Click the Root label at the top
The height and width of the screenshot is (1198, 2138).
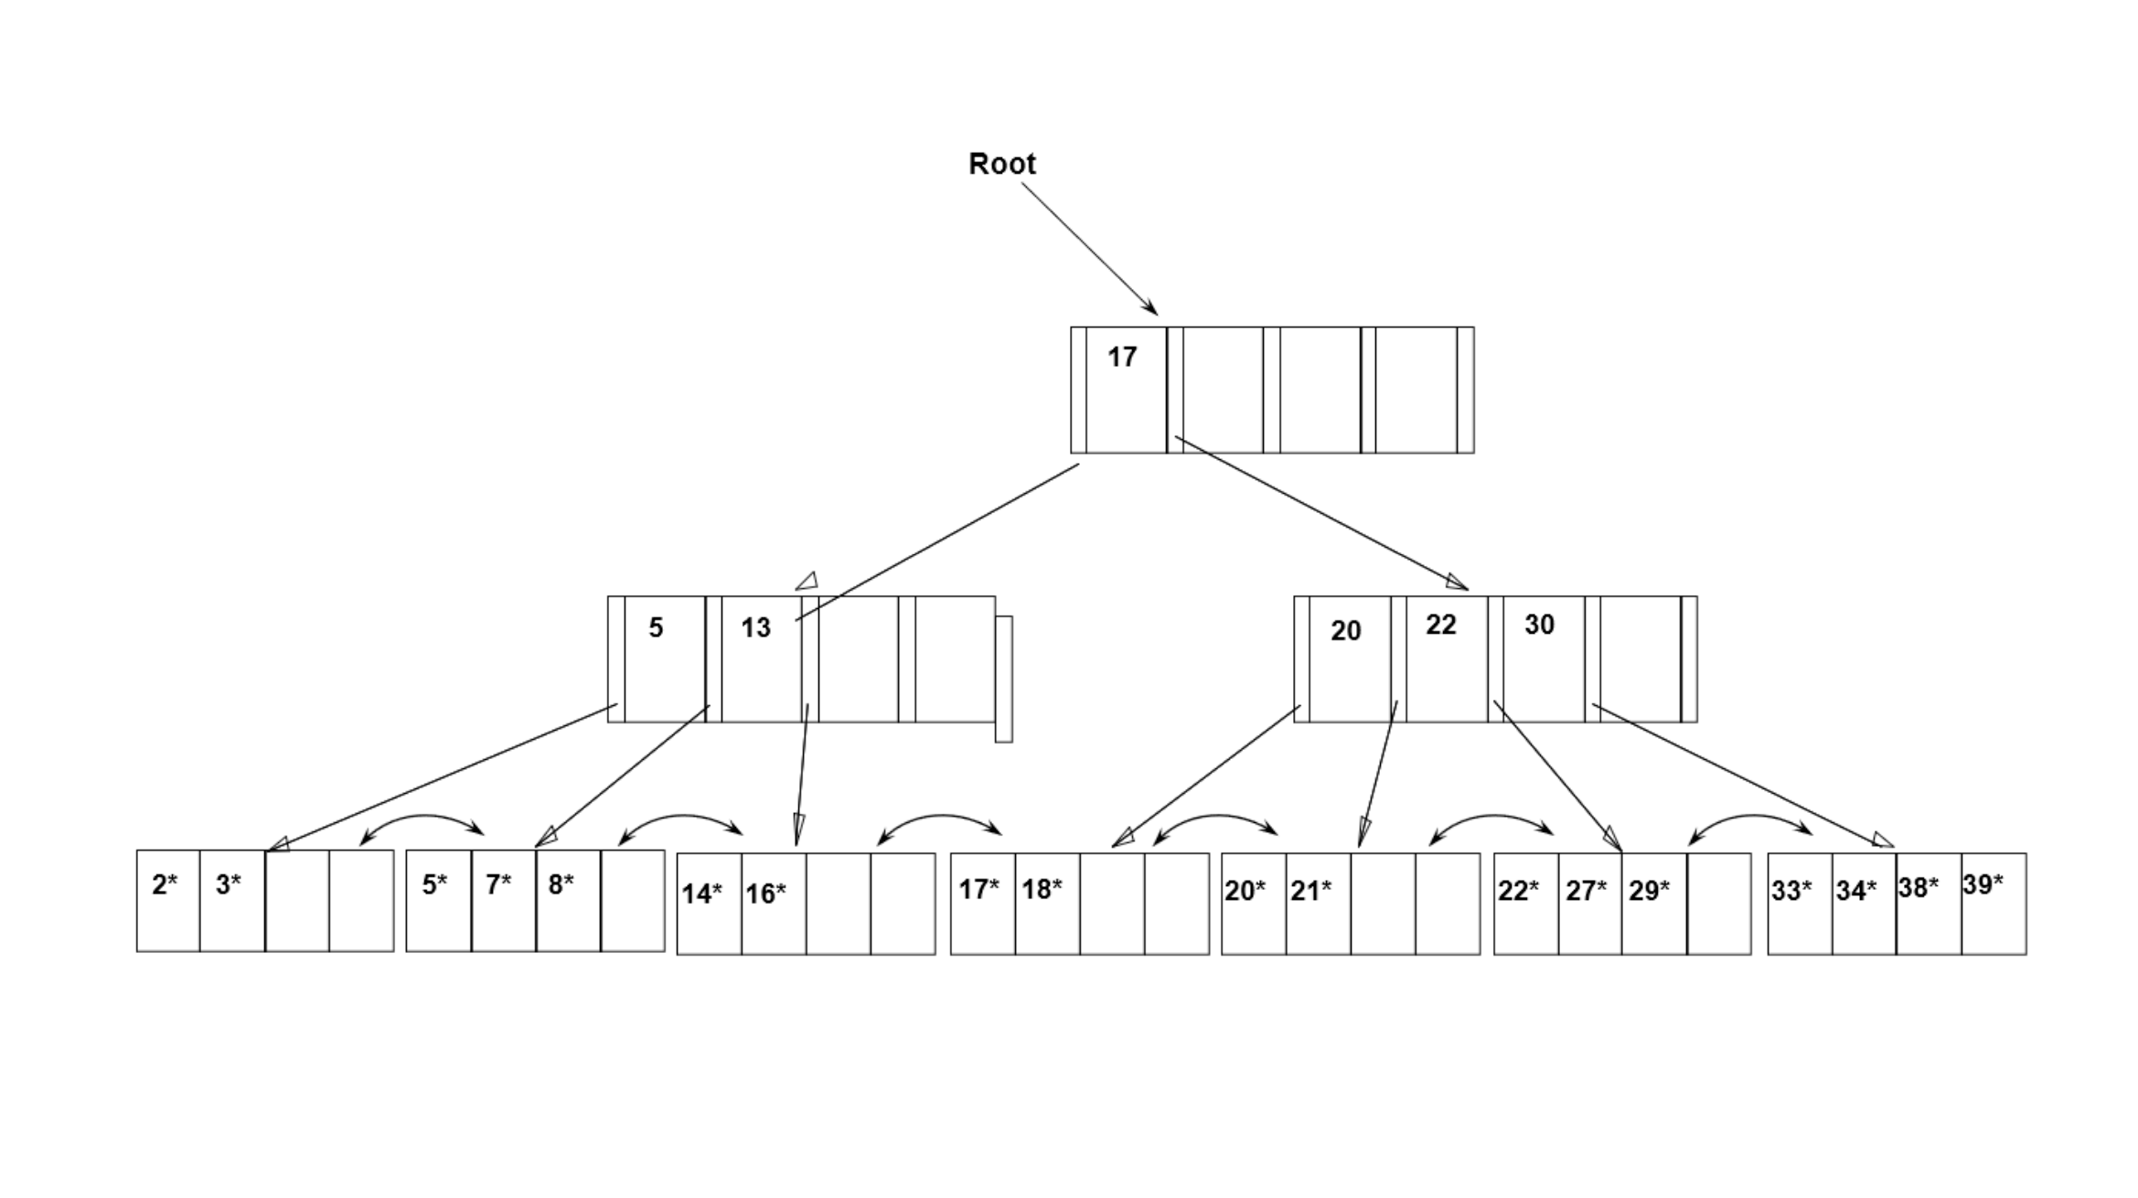[x=1001, y=164]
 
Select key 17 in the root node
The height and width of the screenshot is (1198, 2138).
[x=1122, y=357]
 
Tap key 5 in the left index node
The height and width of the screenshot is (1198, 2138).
[x=656, y=627]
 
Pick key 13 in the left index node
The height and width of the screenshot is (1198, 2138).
[x=755, y=627]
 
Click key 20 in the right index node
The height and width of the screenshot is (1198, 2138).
[x=1345, y=630]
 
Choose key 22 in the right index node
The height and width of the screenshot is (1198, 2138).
[x=1440, y=625]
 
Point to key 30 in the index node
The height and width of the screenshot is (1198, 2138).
[x=1539, y=625]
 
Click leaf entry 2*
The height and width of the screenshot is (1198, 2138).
[x=165, y=884]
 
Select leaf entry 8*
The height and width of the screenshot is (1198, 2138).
[x=561, y=883]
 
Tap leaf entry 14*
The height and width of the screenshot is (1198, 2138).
[x=701, y=893]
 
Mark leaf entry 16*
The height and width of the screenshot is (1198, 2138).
[x=765, y=893]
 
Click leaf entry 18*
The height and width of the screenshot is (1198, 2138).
[x=1042, y=889]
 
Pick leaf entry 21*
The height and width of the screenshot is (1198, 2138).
[x=1310, y=890]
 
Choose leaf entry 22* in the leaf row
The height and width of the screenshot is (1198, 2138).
[x=1518, y=890]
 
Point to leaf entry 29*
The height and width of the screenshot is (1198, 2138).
[x=1649, y=890]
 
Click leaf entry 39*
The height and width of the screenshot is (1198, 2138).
[x=1983, y=884]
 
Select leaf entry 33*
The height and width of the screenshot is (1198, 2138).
[x=1791, y=890]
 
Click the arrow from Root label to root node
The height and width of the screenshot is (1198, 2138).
[x=1088, y=247]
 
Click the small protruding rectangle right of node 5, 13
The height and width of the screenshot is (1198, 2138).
[x=1003, y=679]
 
